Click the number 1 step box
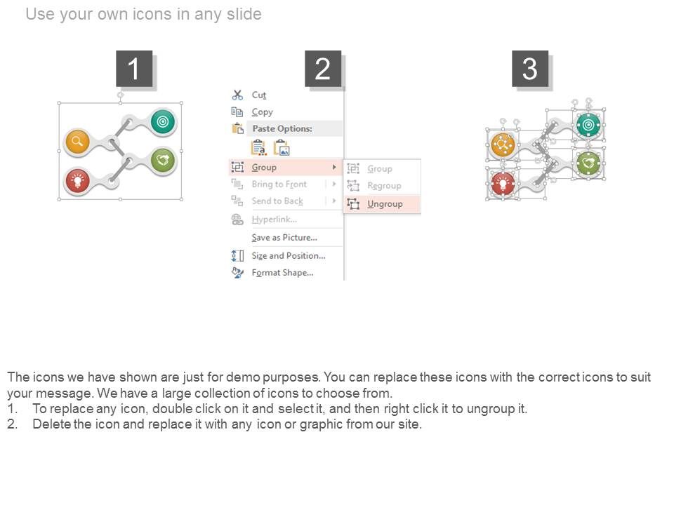click(x=134, y=69)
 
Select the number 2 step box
click(x=323, y=69)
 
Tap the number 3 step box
click(x=530, y=69)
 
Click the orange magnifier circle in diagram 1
click(x=77, y=141)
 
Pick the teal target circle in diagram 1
click(x=163, y=121)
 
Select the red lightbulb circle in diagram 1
click(x=77, y=181)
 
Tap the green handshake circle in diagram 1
click(x=163, y=160)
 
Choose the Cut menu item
click(x=259, y=95)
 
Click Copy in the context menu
click(x=262, y=112)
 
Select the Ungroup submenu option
click(x=385, y=204)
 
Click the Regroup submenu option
click(x=384, y=185)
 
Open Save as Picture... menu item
click(x=284, y=238)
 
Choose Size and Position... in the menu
click(x=289, y=256)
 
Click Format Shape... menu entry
click(x=282, y=273)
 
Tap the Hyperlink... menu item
click(x=275, y=220)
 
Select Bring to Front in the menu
click(x=279, y=184)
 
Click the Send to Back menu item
click(x=277, y=201)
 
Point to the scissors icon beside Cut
click(x=237, y=95)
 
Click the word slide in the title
click(x=244, y=14)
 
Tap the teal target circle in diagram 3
click(x=588, y=125)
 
